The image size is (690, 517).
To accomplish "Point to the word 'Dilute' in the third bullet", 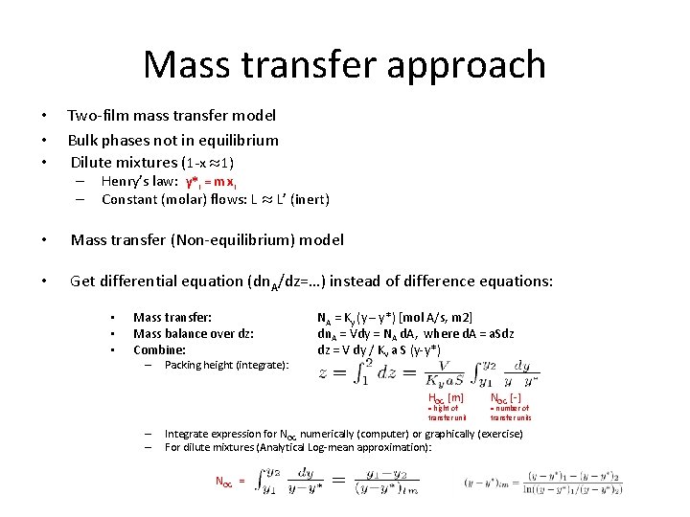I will tap(97, 163).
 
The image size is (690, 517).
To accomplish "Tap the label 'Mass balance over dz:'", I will tap(194, 333).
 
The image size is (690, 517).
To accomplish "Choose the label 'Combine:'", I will tap(159, 349).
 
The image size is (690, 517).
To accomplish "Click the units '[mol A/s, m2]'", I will tap(435, 317).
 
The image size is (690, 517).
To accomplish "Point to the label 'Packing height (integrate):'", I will tap(226, 365).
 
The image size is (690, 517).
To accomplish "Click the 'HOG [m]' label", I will tap(446, 397).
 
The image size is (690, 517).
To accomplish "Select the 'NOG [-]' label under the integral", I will tap(506, 397).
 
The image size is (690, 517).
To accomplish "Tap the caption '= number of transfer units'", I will tap(510, 413).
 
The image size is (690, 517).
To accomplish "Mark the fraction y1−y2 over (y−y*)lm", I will tap(394, 482).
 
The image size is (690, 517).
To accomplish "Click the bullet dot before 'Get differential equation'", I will tap(42, 281).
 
